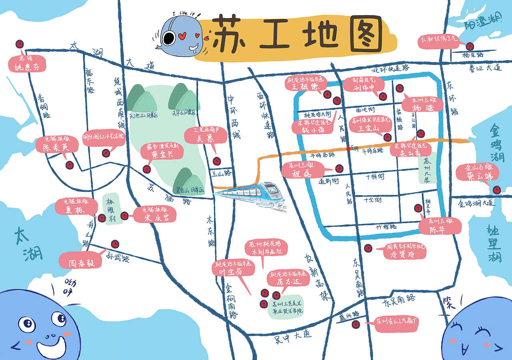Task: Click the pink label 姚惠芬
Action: coord(27,64)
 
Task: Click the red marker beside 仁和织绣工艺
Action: coord(470,46)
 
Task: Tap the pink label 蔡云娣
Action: coord(477,173)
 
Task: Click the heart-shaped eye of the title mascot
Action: coord(184,36)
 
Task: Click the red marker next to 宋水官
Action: coord(124,216)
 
